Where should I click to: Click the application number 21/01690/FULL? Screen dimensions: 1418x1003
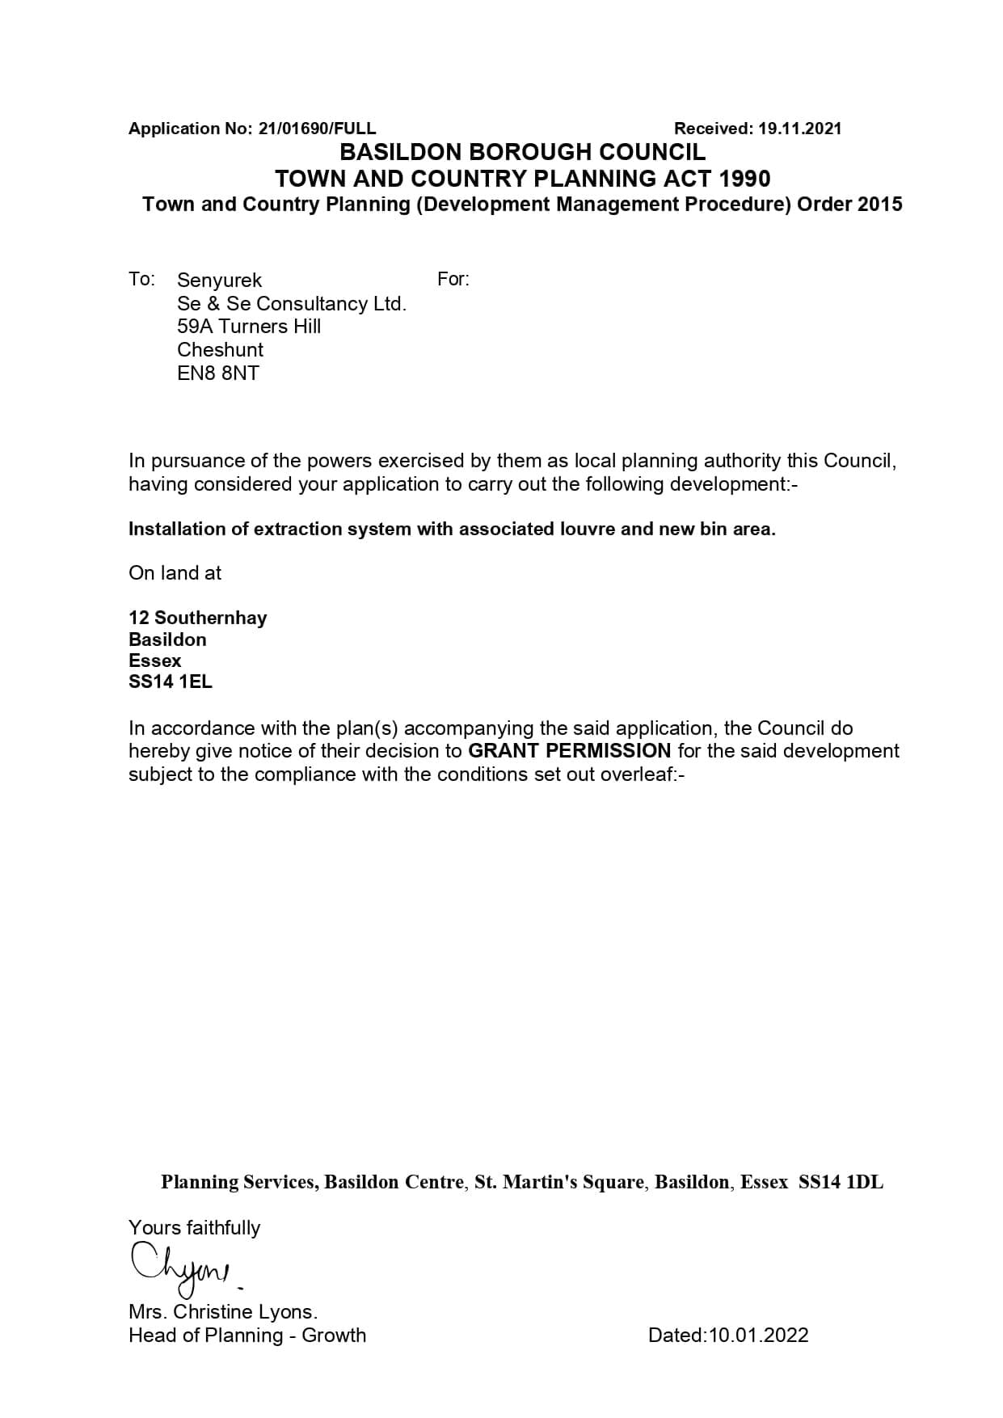click(317, 129)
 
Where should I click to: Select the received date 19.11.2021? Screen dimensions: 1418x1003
click(799, 129)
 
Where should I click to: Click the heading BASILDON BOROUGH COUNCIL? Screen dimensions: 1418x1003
click(522, 152)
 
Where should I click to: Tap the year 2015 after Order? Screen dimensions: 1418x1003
click(879, 204)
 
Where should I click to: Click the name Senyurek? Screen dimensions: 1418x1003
click(219, 281)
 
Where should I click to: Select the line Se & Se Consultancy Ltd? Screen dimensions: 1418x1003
click(291, 304)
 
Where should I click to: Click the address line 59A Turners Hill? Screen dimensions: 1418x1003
click(249, 327)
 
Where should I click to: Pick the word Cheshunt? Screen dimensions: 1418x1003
click(220, 350)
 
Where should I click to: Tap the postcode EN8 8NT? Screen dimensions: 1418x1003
click(218, 373)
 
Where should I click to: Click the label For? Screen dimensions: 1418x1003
click(453, 280)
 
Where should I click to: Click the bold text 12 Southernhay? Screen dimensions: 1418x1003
click(197, 618)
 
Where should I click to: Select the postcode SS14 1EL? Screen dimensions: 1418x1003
click(171, 682)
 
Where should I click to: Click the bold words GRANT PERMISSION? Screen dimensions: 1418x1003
click(570, 751)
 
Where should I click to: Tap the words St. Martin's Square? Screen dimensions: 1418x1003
click(559, 1183)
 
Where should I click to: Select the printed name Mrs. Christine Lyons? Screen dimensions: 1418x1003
click(223, 1311)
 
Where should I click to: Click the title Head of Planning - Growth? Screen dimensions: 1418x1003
click(247, 1335)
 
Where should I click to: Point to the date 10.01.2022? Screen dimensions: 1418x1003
click(758, 1335)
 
